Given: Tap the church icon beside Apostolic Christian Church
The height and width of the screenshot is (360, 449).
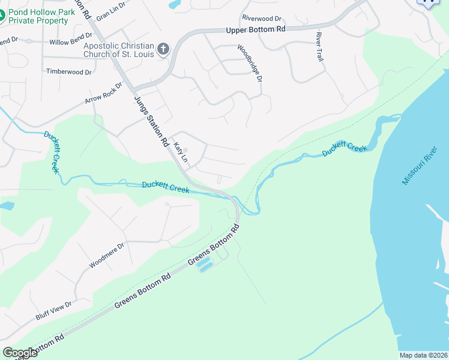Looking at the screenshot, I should tap(163, 48).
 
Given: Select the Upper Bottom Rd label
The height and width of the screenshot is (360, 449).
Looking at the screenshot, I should tap(255, 30).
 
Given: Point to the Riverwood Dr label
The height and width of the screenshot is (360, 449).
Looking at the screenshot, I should tap(261, 19).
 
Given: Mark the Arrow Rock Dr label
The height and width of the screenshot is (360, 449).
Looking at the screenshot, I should tap(103, 92).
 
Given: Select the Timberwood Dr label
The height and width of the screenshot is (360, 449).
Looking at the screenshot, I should tap(69, 71).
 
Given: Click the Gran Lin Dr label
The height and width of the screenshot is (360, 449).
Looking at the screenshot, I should tap(111, 10).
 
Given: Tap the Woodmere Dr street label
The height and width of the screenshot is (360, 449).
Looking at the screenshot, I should tap(106, 255).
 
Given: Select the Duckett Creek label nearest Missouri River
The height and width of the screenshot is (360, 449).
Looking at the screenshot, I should tap(344, 148).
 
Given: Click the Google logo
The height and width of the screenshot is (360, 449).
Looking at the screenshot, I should tap(20, 353).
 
